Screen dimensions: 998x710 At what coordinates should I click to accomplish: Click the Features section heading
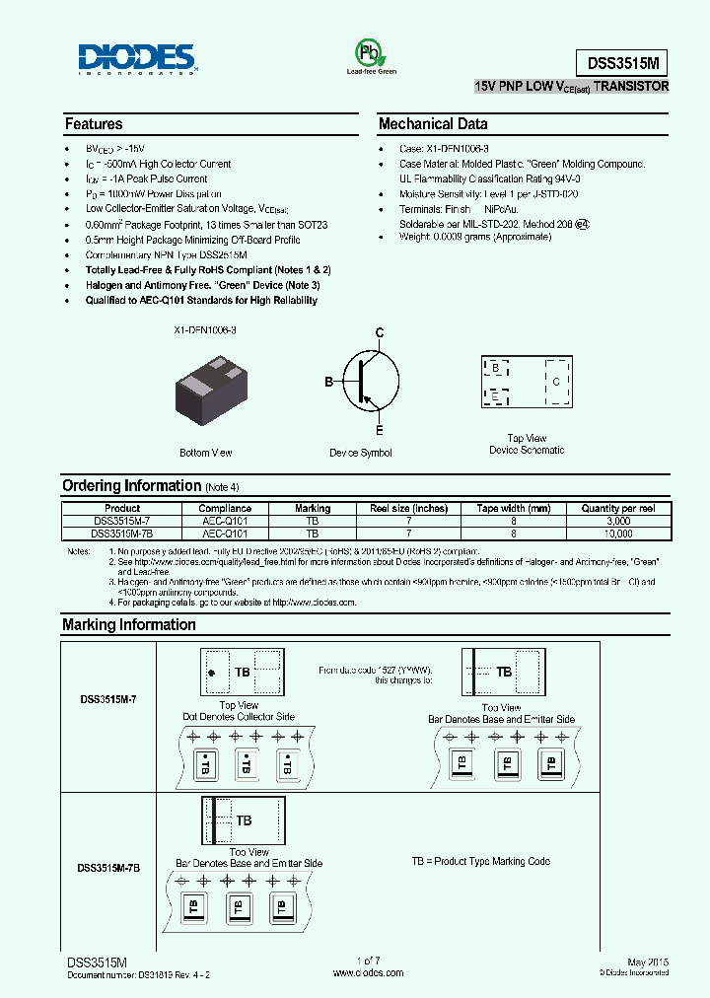click(94, 124)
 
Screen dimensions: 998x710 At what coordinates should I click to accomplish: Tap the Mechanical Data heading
click(433, 124)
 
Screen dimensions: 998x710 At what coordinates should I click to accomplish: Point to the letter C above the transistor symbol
click(378, 333)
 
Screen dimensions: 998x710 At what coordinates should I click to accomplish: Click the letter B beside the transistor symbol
click(329, 382)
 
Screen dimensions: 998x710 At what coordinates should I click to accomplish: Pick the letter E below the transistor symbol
click(378, 430)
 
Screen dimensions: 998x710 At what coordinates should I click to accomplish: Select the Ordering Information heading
click(131, 485)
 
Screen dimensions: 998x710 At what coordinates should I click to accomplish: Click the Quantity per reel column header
click(617, 509)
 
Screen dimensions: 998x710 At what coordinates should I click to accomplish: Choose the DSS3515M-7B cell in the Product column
click(122, 533)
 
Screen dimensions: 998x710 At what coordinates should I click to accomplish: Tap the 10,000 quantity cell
click(617, 533)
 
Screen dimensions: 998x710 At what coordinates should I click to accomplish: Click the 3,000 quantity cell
click(617, 521)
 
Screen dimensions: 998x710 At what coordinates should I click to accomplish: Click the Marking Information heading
click(128, 624)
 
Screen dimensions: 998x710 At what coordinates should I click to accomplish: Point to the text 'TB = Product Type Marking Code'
click(480, 861)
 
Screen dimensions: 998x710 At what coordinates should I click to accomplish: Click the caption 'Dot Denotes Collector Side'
click(239, 717)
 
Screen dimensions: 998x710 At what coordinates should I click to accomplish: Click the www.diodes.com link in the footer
click(368, 972)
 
